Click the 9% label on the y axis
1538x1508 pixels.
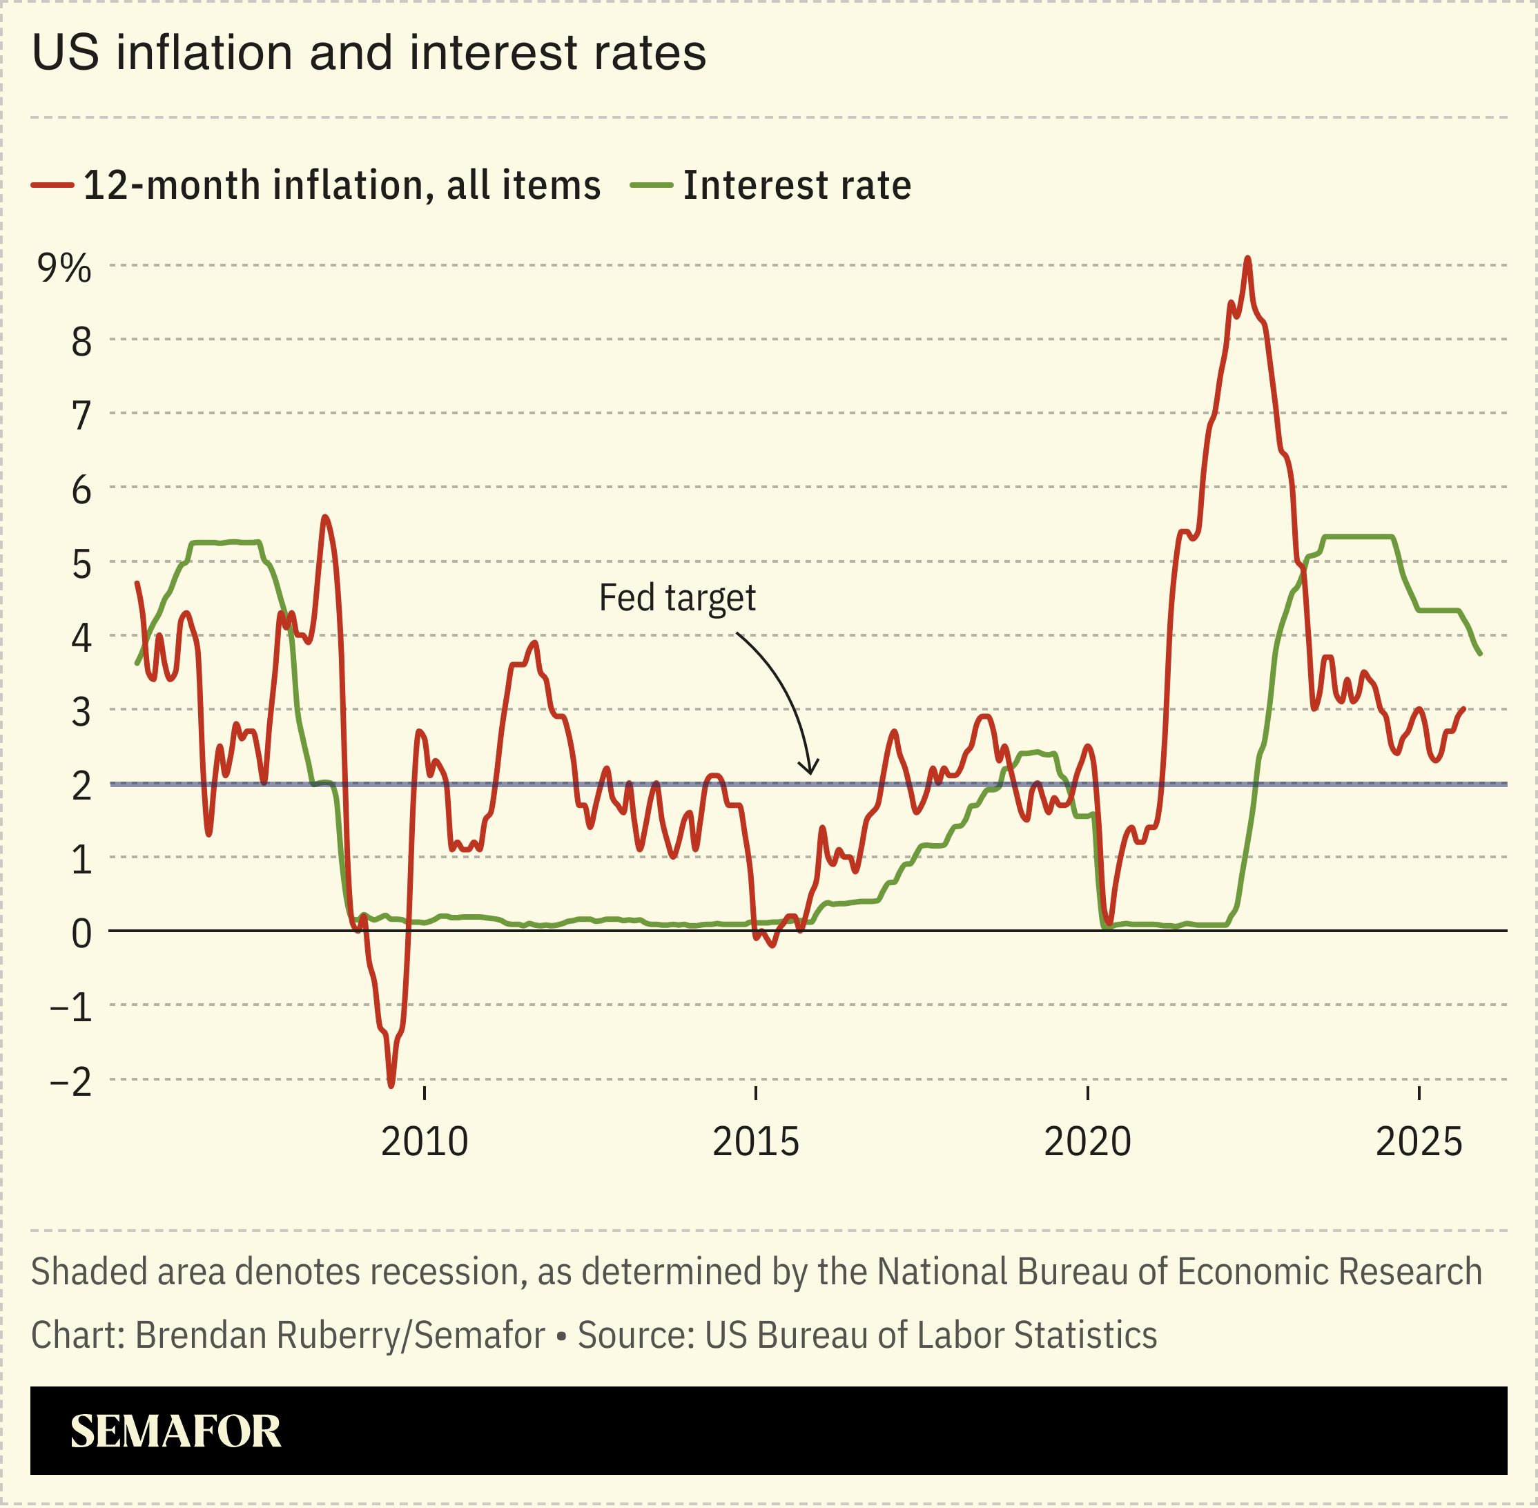tap(64, 269)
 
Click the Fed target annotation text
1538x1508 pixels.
tap(677, 598)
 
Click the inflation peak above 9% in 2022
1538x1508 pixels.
tap(1247, 258)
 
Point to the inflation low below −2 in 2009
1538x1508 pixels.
tap(391, 1085)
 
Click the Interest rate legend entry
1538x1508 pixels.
tap(797, 185)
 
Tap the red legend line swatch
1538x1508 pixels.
tap(52, 185)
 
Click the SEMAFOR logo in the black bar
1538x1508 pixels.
tap(175, 1431)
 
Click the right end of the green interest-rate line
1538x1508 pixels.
tap(1479, 654)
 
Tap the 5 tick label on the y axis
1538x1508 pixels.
tap(81, 565)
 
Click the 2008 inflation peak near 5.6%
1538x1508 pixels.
tap(324, 517)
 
